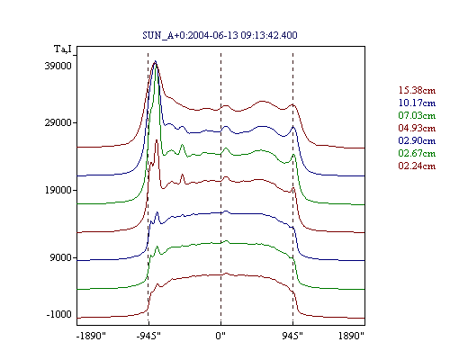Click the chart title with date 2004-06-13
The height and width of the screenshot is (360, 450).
(220, 35)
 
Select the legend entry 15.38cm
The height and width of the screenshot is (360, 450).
(417, 90)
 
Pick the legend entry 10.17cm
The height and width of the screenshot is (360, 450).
(417, 103)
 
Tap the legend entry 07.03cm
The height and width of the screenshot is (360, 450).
(417, 115)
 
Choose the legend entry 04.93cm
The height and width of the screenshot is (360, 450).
(417, 128)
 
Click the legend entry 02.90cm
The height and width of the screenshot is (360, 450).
(417, 140)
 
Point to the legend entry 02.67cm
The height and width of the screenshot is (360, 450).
(417, 153)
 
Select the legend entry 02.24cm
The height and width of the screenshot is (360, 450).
(417, 166)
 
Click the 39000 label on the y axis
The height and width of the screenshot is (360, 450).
(58, 66)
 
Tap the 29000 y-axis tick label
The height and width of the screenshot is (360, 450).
(58, 122)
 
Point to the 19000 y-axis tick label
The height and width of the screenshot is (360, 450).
(58, 190)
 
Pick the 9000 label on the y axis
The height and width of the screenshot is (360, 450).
(60, 257)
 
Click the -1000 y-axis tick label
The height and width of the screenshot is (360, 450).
(58, 314)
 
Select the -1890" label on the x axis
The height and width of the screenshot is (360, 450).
(91, 336)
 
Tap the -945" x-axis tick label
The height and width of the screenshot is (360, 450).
(148, 336)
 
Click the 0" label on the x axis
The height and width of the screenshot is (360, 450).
(220, 336)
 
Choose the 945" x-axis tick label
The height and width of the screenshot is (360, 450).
(292, 336)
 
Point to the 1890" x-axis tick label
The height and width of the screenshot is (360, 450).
(351, 336)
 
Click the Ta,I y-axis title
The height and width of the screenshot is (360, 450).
(63, 49)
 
